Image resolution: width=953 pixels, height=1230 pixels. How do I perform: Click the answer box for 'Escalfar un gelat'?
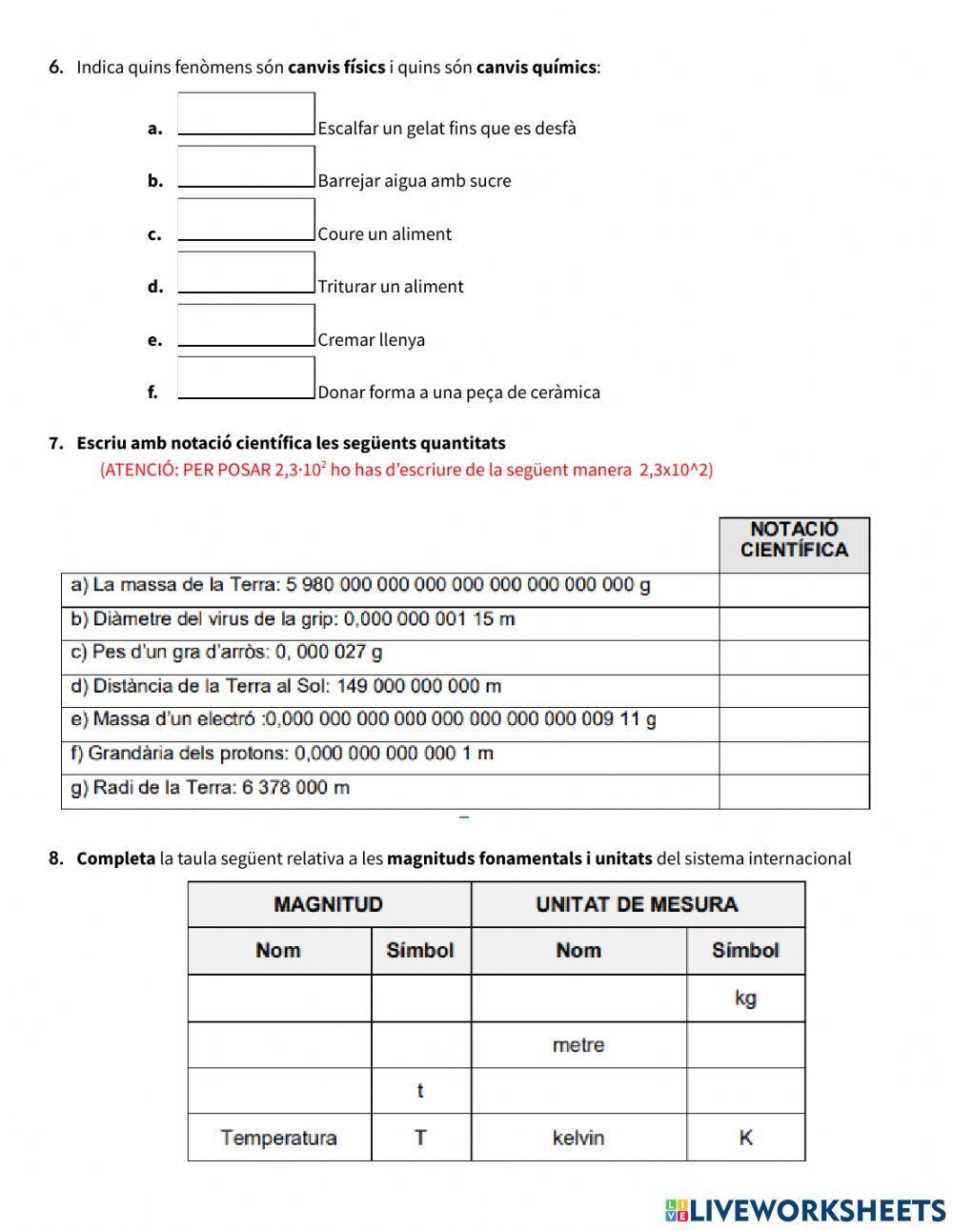click(246, 113)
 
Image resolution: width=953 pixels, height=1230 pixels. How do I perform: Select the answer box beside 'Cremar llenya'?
click(246, 325)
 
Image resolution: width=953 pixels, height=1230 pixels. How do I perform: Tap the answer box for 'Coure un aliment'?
click(246, 219)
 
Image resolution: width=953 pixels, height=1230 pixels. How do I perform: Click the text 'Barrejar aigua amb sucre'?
click(415, 181)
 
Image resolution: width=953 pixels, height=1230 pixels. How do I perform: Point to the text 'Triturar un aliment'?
click(391, 287)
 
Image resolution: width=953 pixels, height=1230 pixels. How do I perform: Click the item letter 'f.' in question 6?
click(152, 392)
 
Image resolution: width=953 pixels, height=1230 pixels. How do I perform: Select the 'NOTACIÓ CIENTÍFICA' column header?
click(794, 540)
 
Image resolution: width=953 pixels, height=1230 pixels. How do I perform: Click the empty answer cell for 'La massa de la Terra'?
click(794, 590)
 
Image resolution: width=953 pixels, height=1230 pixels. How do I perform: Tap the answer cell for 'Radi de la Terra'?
click(794, 792)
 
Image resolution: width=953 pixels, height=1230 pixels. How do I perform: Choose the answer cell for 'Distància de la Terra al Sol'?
click(794, 691)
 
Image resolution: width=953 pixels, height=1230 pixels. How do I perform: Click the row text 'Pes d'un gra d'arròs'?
click(227, 653)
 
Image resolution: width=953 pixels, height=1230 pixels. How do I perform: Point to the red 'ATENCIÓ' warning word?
click(138, 470)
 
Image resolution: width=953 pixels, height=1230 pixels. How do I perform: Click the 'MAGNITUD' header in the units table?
click(328, 904)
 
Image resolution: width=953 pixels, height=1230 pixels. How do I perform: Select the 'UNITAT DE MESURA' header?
click(637, 904)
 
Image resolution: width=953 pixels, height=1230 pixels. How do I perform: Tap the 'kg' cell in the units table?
click(745, 998)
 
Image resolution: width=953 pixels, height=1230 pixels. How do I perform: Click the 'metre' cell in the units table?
click(578, 1045)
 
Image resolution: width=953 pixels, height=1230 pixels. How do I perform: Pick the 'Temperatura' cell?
click(278, 1138)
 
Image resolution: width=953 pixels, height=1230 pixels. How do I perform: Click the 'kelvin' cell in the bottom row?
click(578, 1138)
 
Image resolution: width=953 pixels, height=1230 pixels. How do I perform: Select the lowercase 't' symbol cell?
click(420, 1091)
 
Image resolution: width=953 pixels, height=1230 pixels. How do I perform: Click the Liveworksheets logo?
click(805, 1210)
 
